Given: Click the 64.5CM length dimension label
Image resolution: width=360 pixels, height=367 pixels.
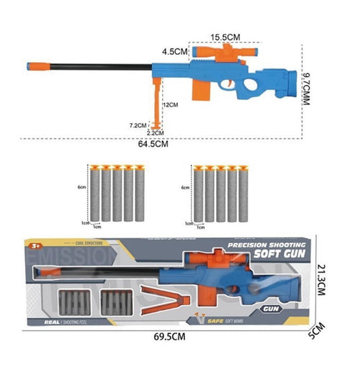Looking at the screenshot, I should [153, 144].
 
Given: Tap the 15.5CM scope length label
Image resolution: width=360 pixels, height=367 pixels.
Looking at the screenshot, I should [225, 36].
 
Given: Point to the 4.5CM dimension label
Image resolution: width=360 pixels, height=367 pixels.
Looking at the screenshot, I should [174, 52].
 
